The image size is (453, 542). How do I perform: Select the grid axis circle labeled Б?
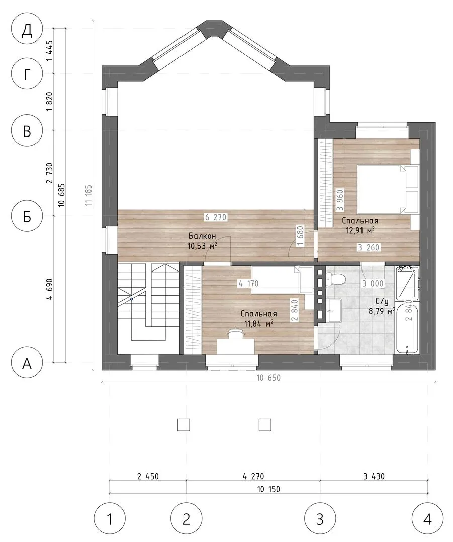click(27, 217)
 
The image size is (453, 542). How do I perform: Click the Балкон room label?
click(202, 236)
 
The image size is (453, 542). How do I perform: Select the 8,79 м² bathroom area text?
click(382, 311)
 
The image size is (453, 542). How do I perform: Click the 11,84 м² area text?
click(259, 324)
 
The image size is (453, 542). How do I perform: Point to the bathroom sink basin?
click(333, 310)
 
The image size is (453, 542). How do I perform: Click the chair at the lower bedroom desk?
click(235, 333)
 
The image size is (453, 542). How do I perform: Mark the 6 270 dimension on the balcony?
click(215, 217)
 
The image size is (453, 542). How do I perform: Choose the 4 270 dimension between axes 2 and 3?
click(253, 476)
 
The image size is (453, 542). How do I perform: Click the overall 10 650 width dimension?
click(268, 378)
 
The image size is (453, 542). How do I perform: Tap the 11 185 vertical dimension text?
click(89, 195)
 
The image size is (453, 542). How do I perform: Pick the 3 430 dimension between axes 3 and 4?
click(374, 476)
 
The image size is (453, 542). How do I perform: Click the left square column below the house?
click(184, 425)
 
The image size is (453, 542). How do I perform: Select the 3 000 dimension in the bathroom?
click(373, 284)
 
